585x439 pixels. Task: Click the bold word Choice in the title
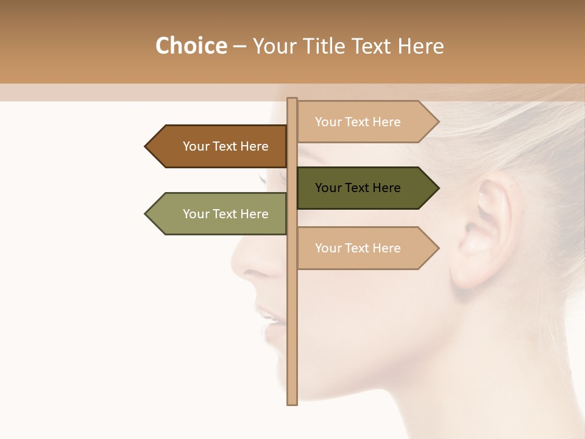[191, 46]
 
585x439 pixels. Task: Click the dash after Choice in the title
[239, 46]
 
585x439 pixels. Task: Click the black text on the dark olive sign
[358, 188]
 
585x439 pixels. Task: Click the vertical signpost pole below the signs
[292, 341]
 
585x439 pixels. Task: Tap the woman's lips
[268, 320]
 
